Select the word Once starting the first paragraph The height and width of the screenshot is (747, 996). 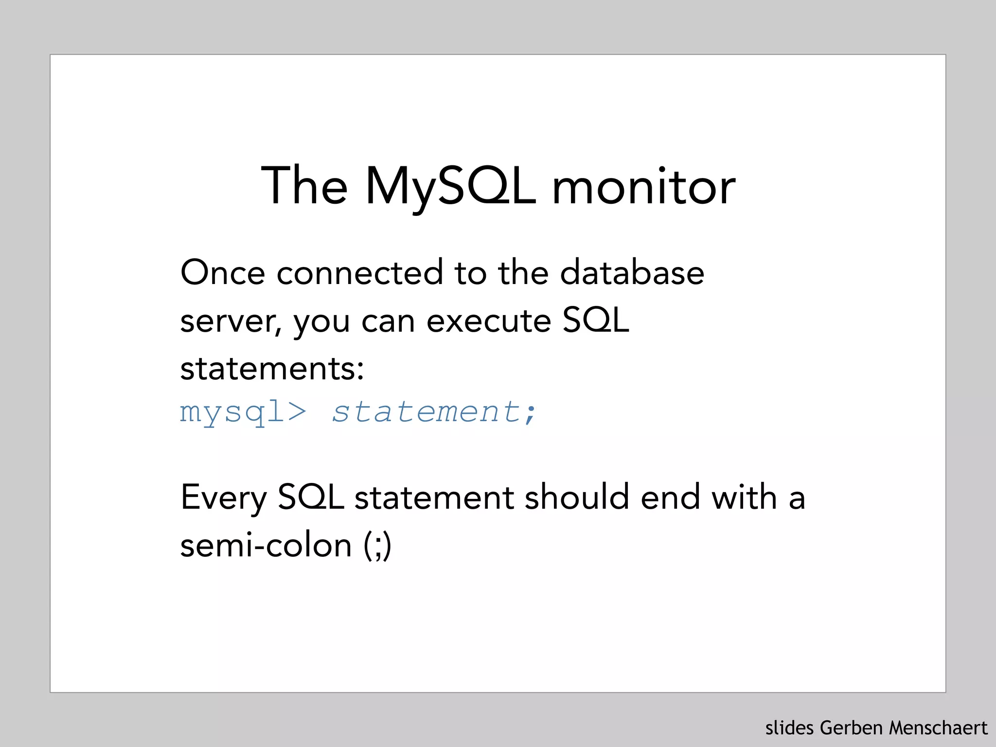pyautogui.click(x=223, y=273)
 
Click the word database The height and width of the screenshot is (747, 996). pyautogui.click(x=632, y=273)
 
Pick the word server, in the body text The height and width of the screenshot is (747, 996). pyautogui.click(x=231, y=322)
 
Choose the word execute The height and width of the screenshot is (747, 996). pyautogui.click(x=489, y=321)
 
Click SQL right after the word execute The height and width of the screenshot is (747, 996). pyautogui.click(x=596, y=321)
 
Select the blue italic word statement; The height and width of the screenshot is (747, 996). pyautogui.click(x=434, y=412)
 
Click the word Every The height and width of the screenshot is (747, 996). pyautogui.click(x=224, y=498)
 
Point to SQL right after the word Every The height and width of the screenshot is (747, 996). pyautogui.click(x=311, y=498)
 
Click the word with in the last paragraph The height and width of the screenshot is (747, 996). pyautogui.click(x=744, y=498)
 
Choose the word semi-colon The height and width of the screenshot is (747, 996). pyautogui.click(x=266, y=546)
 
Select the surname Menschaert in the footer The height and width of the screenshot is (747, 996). pyautogui.click(x=938, y=728)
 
